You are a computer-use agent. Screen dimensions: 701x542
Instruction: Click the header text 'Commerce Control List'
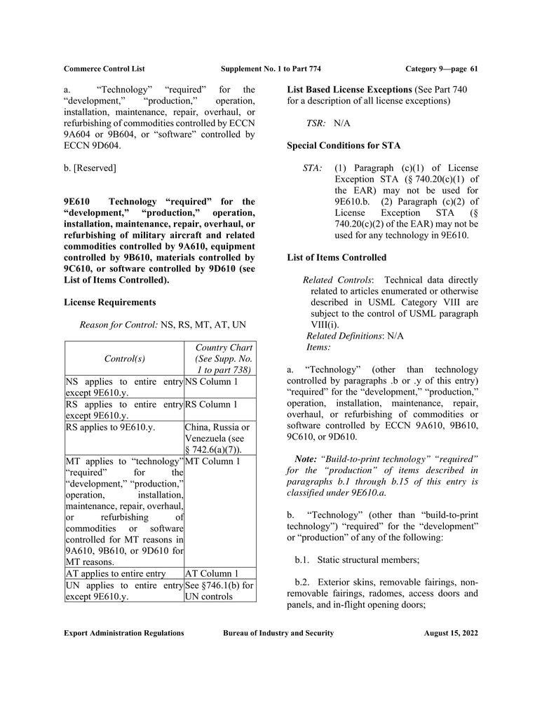coord(104,69)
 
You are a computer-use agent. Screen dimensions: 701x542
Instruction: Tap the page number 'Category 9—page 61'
coord(441,69)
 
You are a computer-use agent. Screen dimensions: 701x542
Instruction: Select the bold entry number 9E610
coord(78,202)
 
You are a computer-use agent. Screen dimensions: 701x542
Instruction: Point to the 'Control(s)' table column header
coord(124,358)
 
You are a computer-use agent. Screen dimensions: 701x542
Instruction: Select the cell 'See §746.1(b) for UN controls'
coord(219,591)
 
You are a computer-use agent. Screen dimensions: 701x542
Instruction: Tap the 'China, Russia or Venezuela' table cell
coord(219,438)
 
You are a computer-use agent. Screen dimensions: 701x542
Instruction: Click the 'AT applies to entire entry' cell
coord(116,573)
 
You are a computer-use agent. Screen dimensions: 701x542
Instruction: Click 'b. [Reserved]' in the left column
coord(90,168)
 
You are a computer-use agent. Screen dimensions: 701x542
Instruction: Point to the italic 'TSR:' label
coord(316,123)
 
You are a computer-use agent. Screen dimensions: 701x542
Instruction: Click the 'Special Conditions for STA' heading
coord(344,146)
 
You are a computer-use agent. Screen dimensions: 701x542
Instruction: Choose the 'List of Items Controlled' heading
coord(337,258)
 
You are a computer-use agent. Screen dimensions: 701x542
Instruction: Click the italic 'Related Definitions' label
coord(344,336)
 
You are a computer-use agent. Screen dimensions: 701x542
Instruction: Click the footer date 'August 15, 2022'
coord(451,633)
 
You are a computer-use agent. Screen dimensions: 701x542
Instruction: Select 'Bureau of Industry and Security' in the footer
coord(278,633)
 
